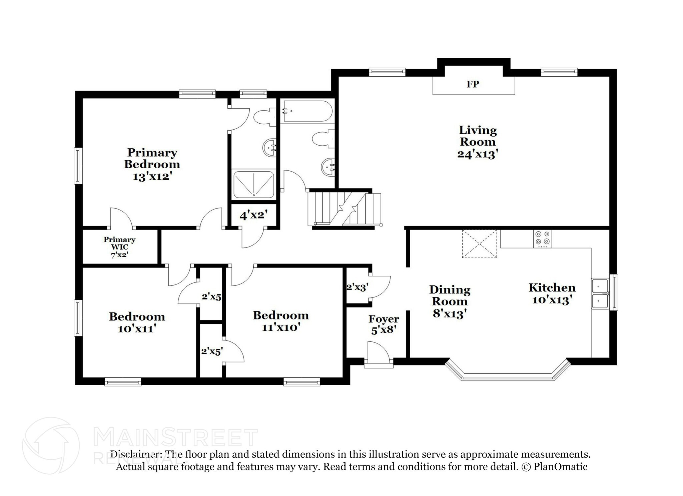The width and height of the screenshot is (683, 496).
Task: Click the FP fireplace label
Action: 473,84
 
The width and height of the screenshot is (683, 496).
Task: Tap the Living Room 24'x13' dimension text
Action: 478,154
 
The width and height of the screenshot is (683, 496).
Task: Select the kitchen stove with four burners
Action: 542,239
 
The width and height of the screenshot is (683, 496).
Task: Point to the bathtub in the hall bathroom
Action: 307,111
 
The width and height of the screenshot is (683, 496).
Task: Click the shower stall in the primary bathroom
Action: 254,185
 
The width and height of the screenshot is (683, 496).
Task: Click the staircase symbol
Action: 345,209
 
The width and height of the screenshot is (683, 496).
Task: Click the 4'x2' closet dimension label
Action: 254,215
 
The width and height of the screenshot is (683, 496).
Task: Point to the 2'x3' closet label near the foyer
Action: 357,287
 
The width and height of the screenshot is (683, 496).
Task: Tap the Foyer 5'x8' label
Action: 384,324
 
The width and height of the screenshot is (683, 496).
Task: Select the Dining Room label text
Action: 450,295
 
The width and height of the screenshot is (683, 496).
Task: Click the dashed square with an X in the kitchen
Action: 479,244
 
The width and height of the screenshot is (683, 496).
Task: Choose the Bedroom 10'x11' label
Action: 137,322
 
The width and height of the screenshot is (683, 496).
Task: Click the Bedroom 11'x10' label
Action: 281,321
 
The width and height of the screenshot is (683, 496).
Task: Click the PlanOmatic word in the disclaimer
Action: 560,467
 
